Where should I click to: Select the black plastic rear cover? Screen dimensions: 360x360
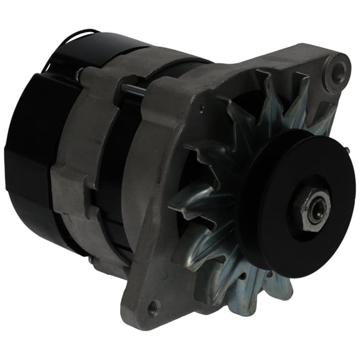31,144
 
